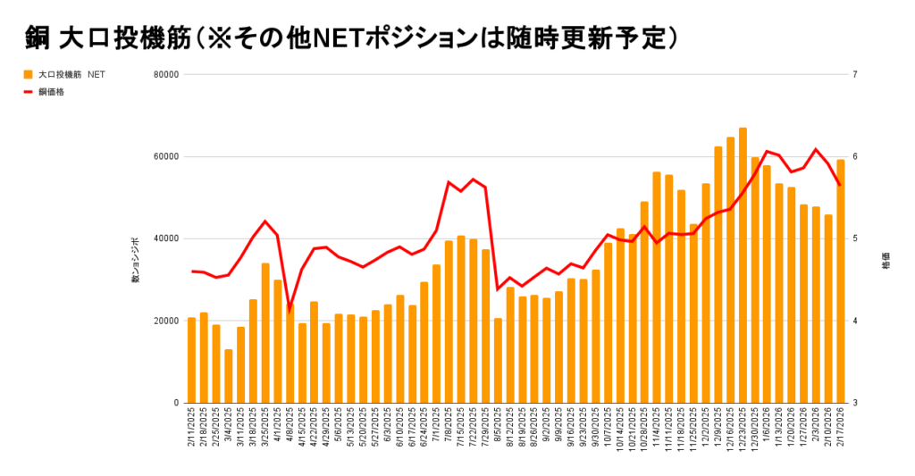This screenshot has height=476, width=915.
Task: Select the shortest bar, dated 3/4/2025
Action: coord(229,376)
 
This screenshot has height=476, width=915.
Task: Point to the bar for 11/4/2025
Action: coord(657,287)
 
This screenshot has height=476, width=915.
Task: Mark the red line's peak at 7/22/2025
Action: coord(473,180)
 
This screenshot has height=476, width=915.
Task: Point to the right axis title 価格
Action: coord(886,265)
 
